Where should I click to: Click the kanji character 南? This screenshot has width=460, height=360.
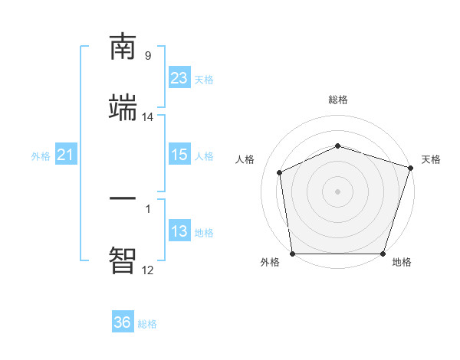(x=123, y=47)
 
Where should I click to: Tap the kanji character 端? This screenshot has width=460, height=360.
(x=123, y=109)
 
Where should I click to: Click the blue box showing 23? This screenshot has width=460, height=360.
(x=179, y=78)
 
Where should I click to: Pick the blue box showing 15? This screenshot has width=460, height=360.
(x=179, y=155)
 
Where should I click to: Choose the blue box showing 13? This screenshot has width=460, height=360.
(x=179, y=231)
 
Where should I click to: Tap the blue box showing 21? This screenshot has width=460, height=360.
(x=66, y=155)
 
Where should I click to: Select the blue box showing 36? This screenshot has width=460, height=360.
(x=123, y=322)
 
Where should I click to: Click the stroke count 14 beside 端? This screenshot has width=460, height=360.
(x=148, y=116)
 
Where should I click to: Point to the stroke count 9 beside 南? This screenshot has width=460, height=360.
(x=148, y=55)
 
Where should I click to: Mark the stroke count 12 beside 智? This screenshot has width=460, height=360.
(x=148, y=270)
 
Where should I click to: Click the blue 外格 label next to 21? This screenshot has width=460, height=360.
(x=41, y=156)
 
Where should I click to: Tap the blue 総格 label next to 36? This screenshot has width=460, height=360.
(x=147, y=324)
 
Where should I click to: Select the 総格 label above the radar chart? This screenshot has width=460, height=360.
(x=338, y=100)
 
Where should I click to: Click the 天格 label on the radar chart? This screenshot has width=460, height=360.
(x=431, y=159)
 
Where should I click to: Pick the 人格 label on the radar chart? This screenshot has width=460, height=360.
(x=245, y=159)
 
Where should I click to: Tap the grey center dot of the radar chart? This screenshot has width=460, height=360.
(x=338, y=191)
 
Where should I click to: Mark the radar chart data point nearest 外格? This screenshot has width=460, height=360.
(x=292, y=254)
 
